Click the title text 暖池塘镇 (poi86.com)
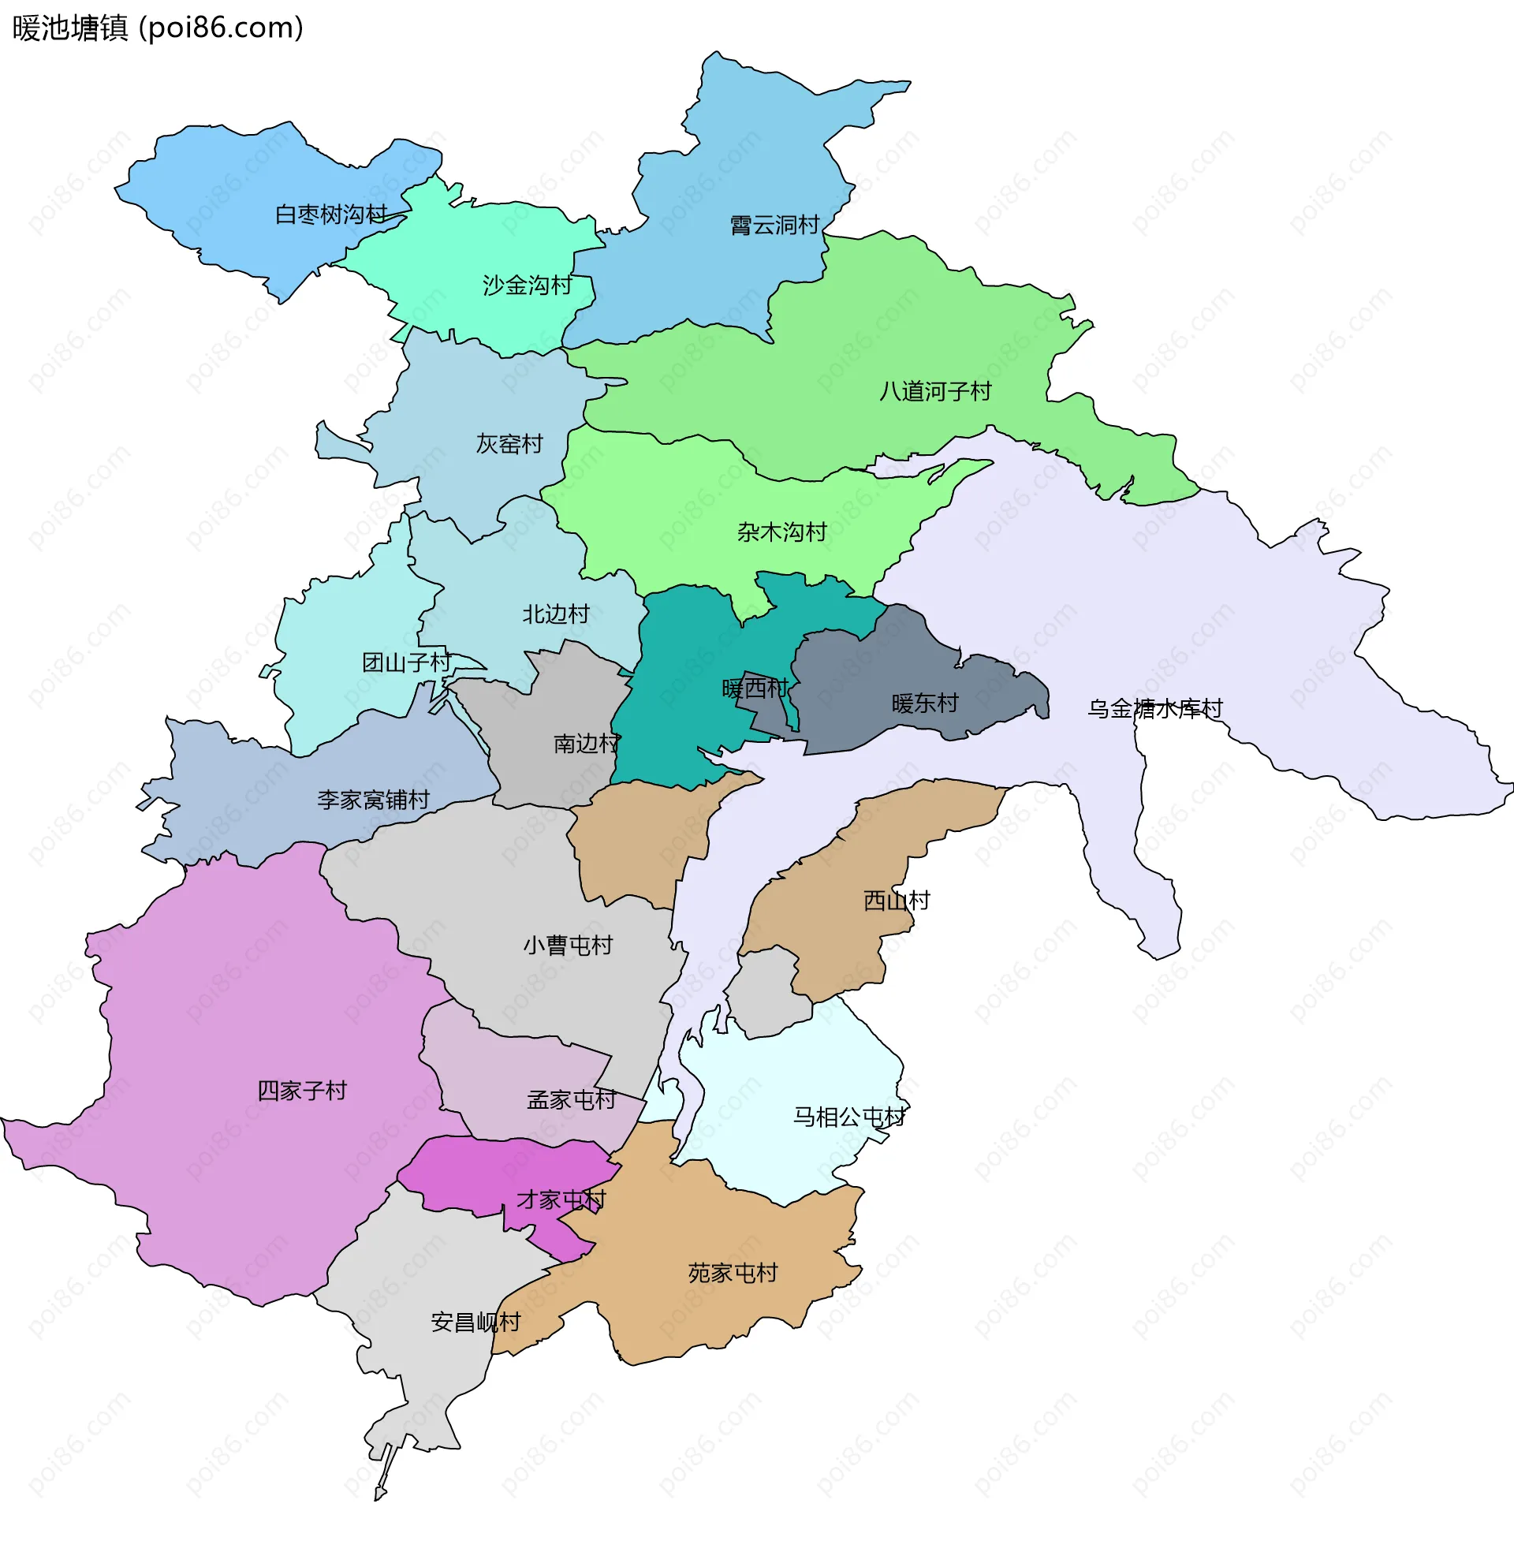click(158, 28)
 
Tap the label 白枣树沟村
click(330, 215)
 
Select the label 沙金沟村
click(528, 285)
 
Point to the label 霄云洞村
click(774, 226)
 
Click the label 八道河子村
click(935, 392)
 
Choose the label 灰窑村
click(509, 445)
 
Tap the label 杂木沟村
click(781, 532)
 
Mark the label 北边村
click(556, 614)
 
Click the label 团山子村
click(406, 663)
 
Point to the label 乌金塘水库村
click(1154, 709)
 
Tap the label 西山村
click(896, 901)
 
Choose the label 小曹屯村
click(568, 946)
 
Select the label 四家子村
click(302, 1091)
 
